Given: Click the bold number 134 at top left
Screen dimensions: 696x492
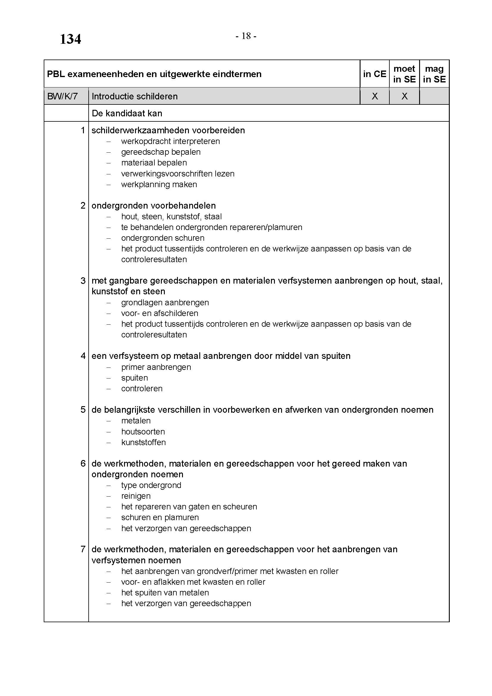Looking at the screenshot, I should (70, 39).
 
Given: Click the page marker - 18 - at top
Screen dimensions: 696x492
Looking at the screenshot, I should (246, 36).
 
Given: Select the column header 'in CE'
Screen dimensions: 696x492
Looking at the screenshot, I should (375, 74).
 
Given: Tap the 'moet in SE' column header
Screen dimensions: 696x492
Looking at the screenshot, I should (404, 74).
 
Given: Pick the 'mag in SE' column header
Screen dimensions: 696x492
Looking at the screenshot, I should (434, 74).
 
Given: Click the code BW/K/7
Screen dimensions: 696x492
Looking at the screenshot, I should (62, 96).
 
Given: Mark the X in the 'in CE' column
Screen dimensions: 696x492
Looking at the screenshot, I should (375, 96).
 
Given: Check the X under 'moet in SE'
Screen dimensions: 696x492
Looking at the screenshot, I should (405, 96).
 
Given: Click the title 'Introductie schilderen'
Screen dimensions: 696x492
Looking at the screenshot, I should (134, 96).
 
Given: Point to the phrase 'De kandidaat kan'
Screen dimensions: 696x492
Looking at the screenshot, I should (127, 113).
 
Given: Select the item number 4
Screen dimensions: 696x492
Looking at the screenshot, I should (83, 356).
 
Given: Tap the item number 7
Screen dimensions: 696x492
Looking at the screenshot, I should (83, 549).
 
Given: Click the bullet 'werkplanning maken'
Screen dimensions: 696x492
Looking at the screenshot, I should (159, 184).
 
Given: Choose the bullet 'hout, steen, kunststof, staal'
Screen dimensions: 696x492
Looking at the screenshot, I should (171, 216).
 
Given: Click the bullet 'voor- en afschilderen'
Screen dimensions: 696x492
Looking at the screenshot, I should (159, 313).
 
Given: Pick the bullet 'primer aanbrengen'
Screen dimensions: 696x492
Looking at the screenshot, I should (156, 367).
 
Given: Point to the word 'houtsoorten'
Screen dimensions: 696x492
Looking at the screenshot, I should (143, 431).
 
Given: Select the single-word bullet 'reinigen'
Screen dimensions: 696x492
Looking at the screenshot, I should (136, 496).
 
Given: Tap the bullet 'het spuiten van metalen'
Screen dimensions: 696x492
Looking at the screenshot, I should (165, 593).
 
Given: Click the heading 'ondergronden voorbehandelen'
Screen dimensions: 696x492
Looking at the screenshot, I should (153, 206).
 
